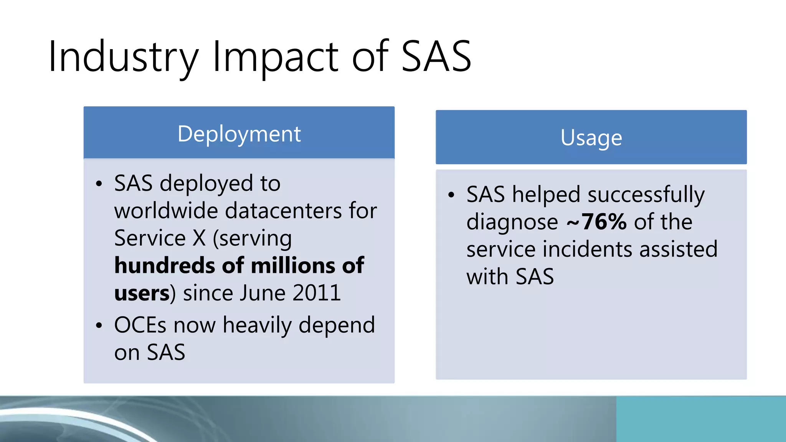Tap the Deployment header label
tap(239, 134)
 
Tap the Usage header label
tap(591, 138)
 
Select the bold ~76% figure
tap(596, 222)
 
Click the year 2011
tap(317, 293)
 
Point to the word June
tap(263, 293)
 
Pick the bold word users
tap(142, 294)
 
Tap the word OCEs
tap(140, 325)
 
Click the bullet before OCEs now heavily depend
tap(99, 326)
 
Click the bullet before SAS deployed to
tap(99, 184)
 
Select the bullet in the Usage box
tap(451, 195)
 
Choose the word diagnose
tap(512, 222)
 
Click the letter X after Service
tap(199, 238)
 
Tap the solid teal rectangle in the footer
tap(701, 419)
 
